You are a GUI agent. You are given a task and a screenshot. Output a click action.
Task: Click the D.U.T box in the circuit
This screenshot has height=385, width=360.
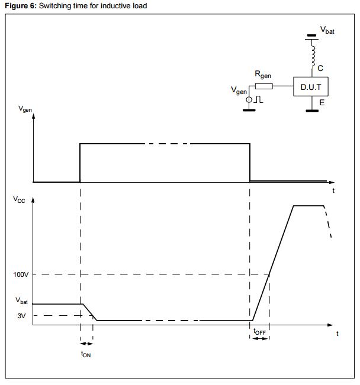click(311, 87)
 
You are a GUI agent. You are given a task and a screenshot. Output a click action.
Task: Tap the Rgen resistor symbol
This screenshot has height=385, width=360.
click(264, 86)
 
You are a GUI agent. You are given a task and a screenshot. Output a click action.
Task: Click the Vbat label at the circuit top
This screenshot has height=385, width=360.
click(327, 30)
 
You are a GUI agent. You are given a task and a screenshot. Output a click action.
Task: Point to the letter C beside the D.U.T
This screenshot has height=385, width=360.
click(320, 68)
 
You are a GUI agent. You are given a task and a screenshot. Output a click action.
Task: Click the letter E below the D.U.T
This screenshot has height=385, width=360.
click(322, 102)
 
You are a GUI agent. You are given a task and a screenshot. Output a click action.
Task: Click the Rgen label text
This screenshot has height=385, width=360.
click(263, 75)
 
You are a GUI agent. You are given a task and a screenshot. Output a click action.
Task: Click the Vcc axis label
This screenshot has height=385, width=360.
click(20, 199)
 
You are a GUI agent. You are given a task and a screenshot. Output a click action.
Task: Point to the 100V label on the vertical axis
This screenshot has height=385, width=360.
click(21, 274)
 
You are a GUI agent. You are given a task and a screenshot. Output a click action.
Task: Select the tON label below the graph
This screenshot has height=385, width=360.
click(86, 354)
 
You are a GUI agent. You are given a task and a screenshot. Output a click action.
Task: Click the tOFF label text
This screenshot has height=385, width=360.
click(259, 332)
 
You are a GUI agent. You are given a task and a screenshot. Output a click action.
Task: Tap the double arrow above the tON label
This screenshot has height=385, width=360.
click(86, 343)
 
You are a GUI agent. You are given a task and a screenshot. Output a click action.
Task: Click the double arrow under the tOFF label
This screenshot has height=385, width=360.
click(259, 338)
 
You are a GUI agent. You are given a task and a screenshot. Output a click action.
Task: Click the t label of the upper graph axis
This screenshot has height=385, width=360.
click(334, 190)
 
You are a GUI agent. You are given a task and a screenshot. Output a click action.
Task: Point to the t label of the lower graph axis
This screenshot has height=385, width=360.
click(337, 334)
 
